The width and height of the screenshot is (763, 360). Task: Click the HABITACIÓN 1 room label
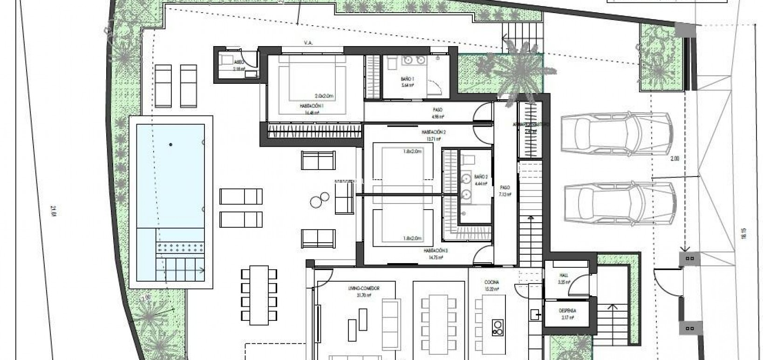click(x=312, y=106)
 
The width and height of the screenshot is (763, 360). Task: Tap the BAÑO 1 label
click(x=407, y=79)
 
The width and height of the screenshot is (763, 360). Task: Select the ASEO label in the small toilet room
click(x=239, y=62)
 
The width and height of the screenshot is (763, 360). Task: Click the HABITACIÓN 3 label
click(x=436, y=251)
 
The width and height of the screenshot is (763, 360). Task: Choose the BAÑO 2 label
click(x=481, y=177)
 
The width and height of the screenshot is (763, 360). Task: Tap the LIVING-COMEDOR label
click(x=364, y=289)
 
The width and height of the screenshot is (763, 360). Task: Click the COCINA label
click(x=491, y=283)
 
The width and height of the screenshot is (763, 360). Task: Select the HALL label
click(x=564, y=275)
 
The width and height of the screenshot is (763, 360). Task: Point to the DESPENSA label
click(x=567, y=311)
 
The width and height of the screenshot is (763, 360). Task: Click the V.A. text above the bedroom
click(x=308, y=43)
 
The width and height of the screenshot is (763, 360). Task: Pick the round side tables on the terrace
click(x=318, y=201)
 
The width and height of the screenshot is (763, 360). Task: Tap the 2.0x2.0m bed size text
click(x=324, y=96)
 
